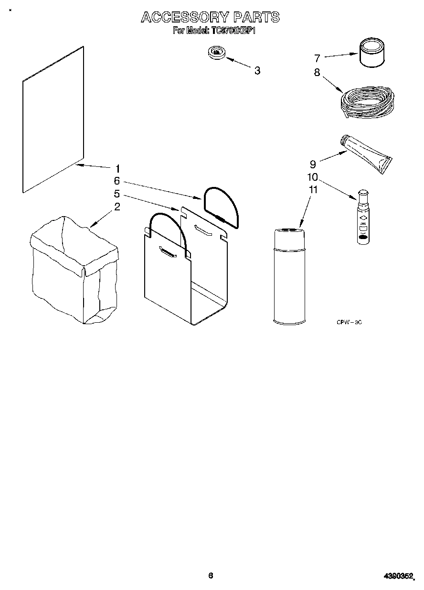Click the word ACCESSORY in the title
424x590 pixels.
coord(184,18)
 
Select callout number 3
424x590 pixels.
coord(257,71)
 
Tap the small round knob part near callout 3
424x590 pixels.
coord(217,52)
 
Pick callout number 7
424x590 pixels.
coord(317,58)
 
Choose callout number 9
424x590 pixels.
coord(313,164)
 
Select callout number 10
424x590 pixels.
coord(313,177)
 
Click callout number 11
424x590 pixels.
coord(313,190)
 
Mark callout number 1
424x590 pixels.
coord(117,168)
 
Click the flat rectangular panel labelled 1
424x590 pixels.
coord(53,120)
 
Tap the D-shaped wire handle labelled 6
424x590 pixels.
coord(222,206)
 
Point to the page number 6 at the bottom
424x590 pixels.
coord(211,576)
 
